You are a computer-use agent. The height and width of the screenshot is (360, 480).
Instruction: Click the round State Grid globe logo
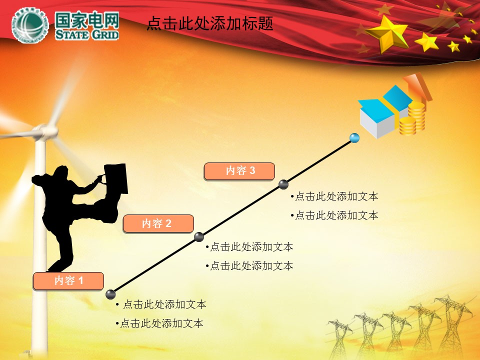pos(30,25)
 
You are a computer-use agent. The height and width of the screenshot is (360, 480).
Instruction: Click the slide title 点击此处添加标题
pos(209,23)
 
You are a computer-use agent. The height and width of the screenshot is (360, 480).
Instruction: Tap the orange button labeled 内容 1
pos(68,280)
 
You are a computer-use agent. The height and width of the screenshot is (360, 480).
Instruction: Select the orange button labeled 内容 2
pos(158,223)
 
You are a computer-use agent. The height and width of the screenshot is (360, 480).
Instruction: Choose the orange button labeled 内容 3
pos(239,171)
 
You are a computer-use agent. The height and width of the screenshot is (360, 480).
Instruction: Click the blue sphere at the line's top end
pos(354,138)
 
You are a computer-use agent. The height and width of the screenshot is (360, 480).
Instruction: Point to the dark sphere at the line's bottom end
pos(110,294)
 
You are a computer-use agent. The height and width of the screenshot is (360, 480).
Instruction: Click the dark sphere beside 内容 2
pos(199,236)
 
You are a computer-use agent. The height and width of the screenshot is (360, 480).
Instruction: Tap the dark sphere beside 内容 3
pos(283,184)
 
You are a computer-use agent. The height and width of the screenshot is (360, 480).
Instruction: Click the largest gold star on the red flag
pos(388,33)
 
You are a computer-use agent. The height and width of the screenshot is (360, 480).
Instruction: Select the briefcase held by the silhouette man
pos(116,178)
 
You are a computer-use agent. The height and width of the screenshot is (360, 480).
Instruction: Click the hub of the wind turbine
pos(46,131)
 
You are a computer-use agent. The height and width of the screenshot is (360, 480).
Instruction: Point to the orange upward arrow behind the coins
pos(418,86)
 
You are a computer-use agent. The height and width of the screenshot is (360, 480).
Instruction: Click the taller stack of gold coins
pos(416,116)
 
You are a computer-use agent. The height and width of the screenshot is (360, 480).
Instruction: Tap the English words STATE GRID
pos(87,34)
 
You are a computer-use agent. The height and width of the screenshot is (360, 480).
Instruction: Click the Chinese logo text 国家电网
pos(87,20)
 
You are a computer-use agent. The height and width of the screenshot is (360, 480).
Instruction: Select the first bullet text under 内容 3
pos(334,196)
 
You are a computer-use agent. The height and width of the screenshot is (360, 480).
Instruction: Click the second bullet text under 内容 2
pos(249,265)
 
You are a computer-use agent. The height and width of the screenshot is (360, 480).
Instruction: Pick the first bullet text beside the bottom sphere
pos(161,304)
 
